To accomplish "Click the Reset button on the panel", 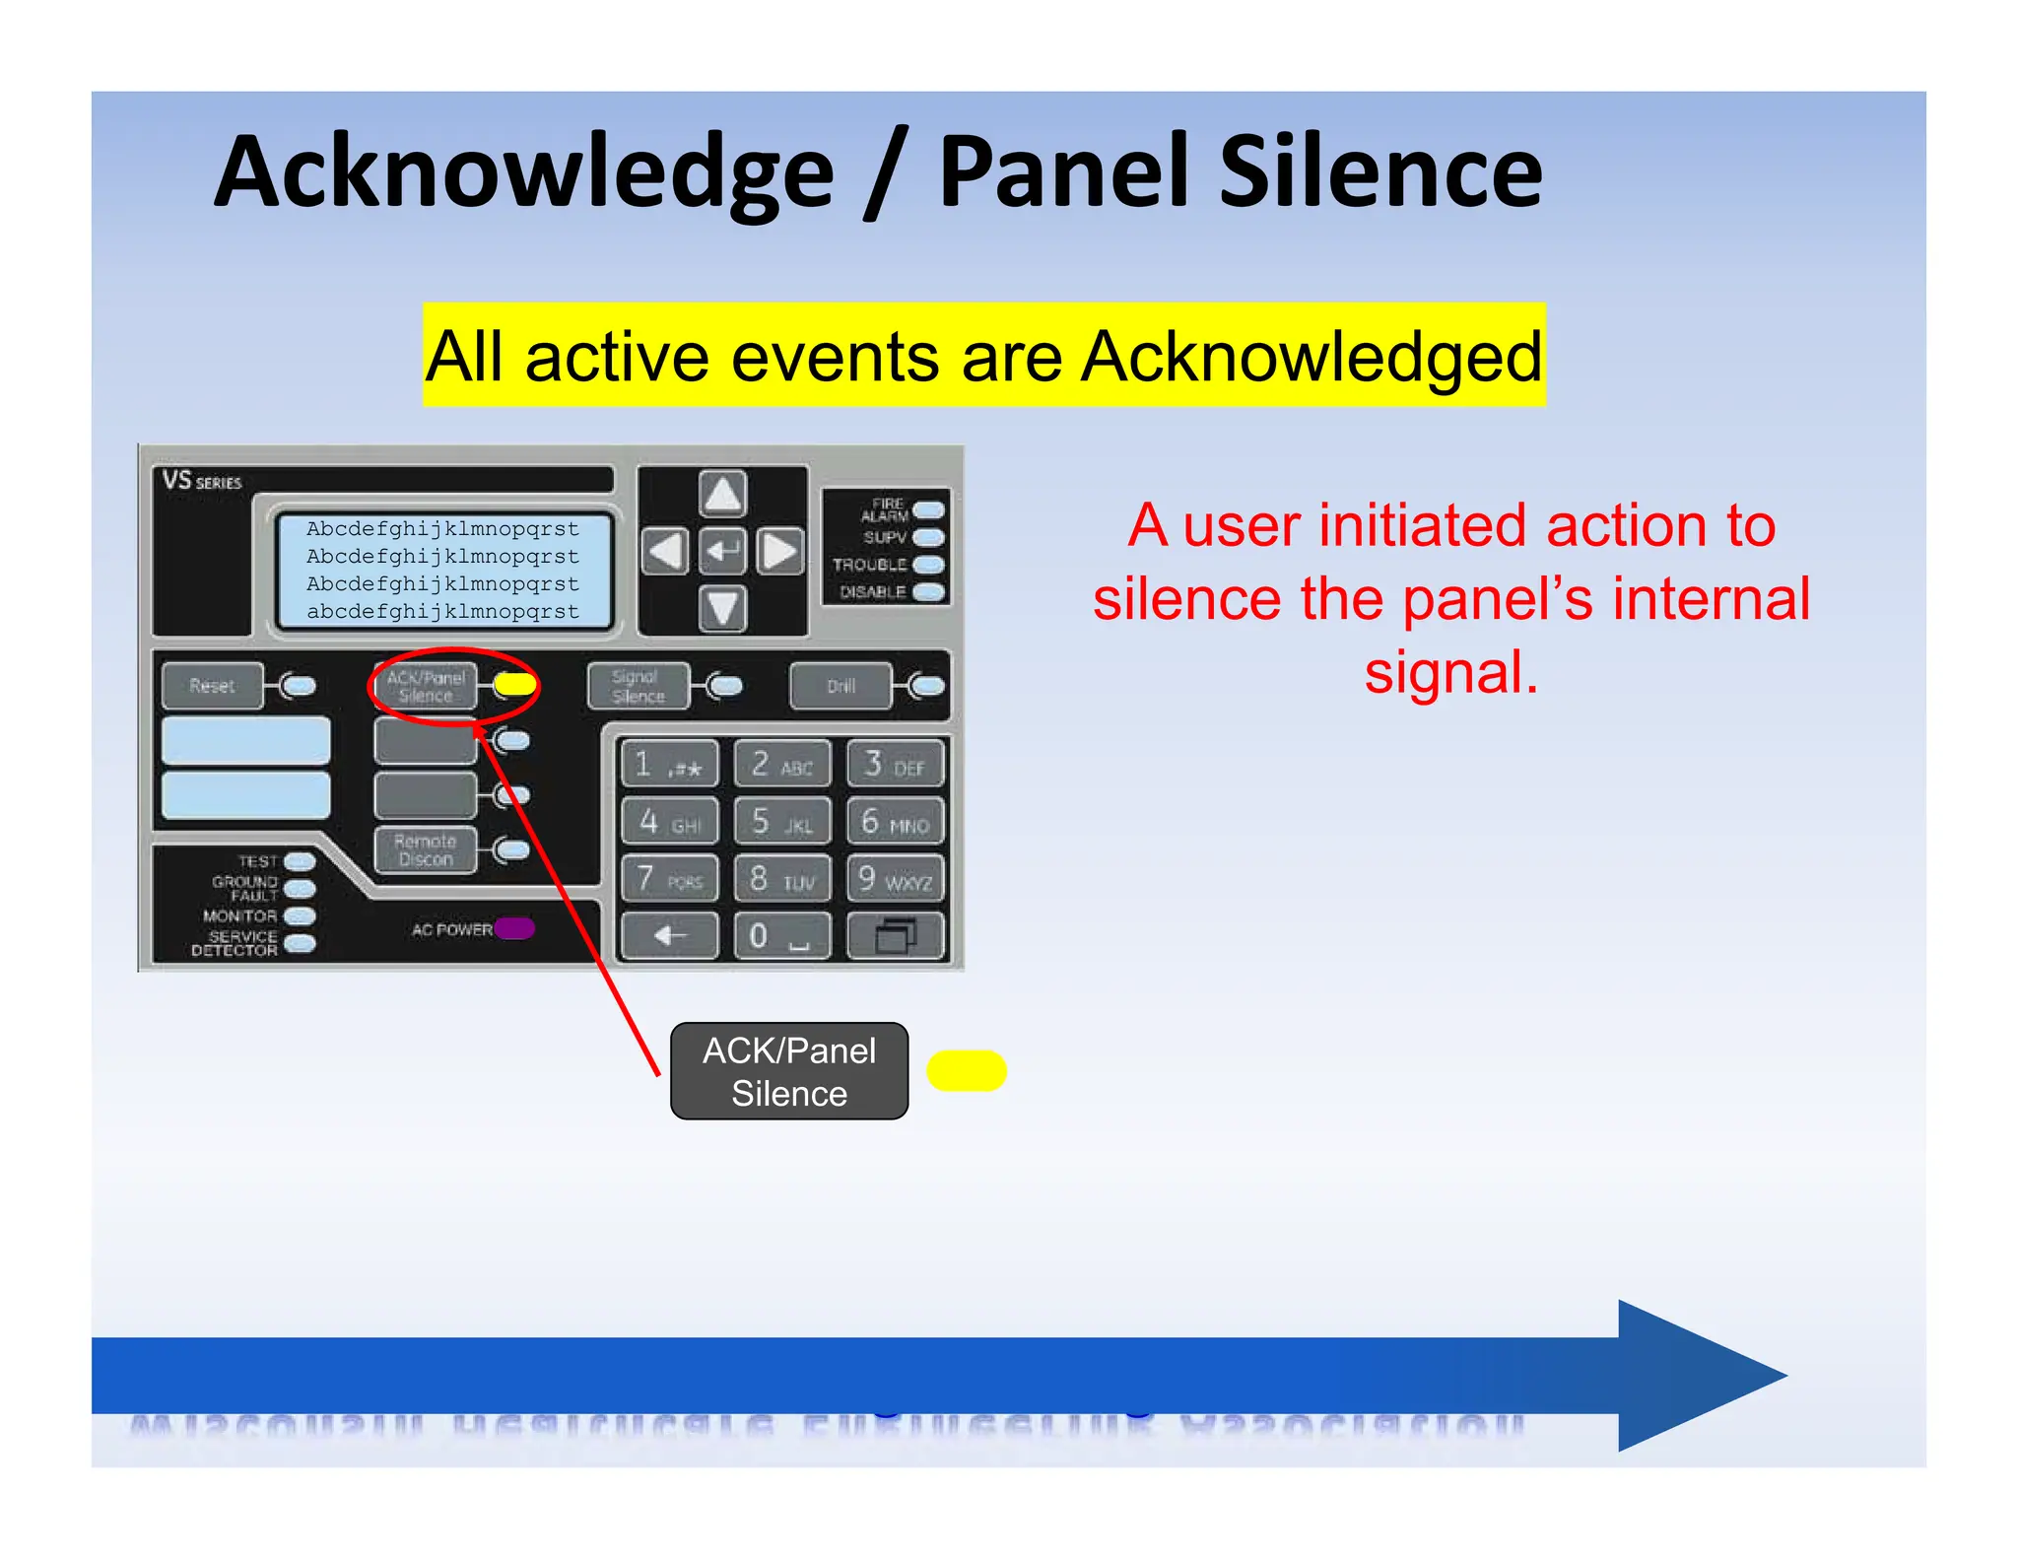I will [x=213, y=686].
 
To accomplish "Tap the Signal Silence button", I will [x=638, y=687].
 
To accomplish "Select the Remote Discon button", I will [x=426, y=850].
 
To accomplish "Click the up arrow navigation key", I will [x=722, y=494].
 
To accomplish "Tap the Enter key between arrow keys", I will [x=722, y=551].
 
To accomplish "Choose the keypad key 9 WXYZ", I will [x=895, y=878].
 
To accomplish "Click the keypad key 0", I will [x=781, y=935].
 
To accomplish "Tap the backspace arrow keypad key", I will [x=669, y=935].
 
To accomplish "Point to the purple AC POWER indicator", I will [x=514, y=928].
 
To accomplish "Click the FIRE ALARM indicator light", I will [x=928, y=509].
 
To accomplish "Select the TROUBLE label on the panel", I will [x=869, y=565].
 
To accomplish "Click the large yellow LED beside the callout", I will [x=967, y=1071].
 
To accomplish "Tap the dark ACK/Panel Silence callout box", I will [x=788, y=1071].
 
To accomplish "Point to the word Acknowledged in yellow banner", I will [x=1311, y=356].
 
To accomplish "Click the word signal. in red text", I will [x=1450, y=673].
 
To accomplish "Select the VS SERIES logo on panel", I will [x=202, y=481].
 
